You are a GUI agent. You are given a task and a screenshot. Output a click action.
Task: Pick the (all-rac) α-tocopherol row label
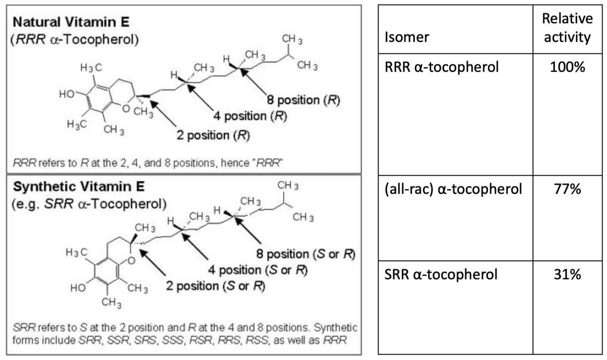(x=453, y=188)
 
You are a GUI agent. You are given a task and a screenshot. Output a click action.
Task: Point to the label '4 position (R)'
(x=249, y=116)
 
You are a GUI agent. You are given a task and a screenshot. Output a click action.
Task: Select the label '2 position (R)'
(x=214, y=136)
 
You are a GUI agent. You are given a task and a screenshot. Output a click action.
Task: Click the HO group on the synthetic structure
(x=79, y=288)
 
